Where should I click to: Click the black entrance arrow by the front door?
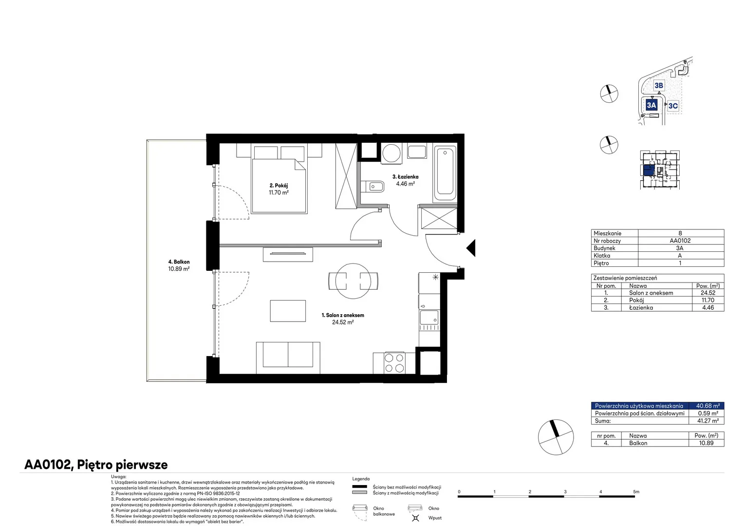(472, 248)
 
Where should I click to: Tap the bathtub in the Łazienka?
(445, 173)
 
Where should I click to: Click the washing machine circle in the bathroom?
(391, 153)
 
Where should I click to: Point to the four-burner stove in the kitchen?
(394, 363)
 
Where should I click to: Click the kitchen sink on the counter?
(429, 318)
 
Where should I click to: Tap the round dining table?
(353, 281)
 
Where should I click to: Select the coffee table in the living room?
(288, 311)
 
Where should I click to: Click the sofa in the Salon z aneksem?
(288, 357)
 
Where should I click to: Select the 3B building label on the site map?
(659, 85)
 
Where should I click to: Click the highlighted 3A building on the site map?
(651, 105)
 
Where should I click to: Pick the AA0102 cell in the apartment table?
(680, 241)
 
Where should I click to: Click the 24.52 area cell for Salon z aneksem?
(708, 293)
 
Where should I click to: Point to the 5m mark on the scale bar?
(636, 492)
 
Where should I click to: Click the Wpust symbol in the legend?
(415, 518)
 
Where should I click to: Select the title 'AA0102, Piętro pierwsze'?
(96, 465)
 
